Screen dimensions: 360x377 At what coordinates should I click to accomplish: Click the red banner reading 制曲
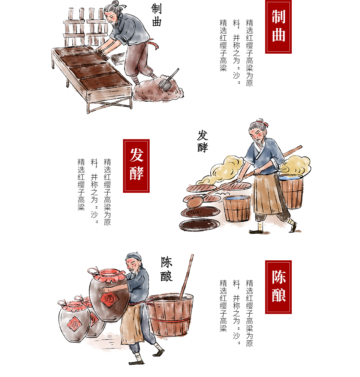pos(278,27)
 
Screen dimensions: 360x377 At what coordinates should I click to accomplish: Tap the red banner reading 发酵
pos(136,166)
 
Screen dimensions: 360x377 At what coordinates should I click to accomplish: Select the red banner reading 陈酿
pos(278,287)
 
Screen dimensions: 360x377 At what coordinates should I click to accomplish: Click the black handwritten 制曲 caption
pos(156,15)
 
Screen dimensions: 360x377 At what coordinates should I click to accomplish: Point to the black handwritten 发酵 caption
pos(202,141)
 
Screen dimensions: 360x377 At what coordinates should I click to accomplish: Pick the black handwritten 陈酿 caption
pos(166,269)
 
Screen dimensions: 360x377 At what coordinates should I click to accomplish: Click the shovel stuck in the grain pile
pos(168,79)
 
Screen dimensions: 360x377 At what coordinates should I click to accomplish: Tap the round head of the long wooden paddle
pos(195,202)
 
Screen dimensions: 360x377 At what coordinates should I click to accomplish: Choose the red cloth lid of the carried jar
pos(107,275)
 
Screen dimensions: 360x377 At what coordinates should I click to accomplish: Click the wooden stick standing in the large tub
pos(186,276)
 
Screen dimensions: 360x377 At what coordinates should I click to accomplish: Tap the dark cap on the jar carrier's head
pos(134,257)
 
